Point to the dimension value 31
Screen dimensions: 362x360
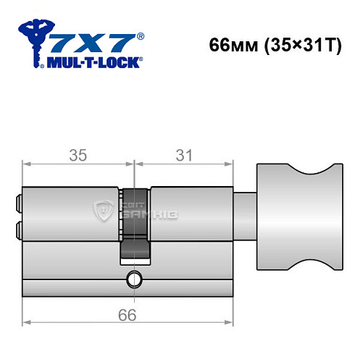click(x=183, y=154)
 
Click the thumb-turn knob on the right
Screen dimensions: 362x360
click(x=297, y=224)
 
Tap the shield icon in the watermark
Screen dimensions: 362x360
click(x=103, y=212)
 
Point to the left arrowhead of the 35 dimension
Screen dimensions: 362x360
click(x=27, y=166)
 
